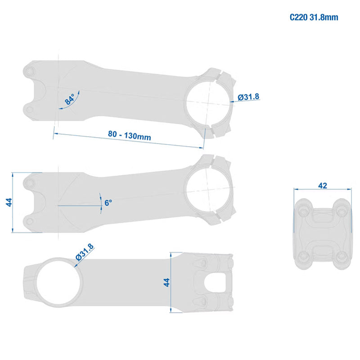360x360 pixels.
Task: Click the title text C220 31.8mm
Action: [x=314, y=18]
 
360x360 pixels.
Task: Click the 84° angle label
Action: [x=70, y=99]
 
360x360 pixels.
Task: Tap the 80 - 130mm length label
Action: [x=130, y=135]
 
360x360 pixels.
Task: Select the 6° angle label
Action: [x=108, y=203]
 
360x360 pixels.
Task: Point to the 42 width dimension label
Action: [x=323, y=185]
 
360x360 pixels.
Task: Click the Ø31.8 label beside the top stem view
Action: [x=248, y=97]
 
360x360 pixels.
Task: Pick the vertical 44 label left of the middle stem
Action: [x=9, y=202]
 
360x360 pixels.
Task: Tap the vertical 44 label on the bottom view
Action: [x=166, y=282]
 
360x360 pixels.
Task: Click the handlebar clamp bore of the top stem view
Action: [x=208, y=103]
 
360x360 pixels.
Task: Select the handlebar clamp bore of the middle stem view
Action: [x=208, y=189]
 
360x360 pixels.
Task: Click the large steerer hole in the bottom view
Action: [x=58, y=282]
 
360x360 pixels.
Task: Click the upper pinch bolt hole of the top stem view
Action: [x=29, y=72]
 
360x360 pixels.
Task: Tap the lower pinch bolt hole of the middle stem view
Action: [x=29, y=221]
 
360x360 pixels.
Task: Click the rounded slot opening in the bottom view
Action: [x=215, y=283]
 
